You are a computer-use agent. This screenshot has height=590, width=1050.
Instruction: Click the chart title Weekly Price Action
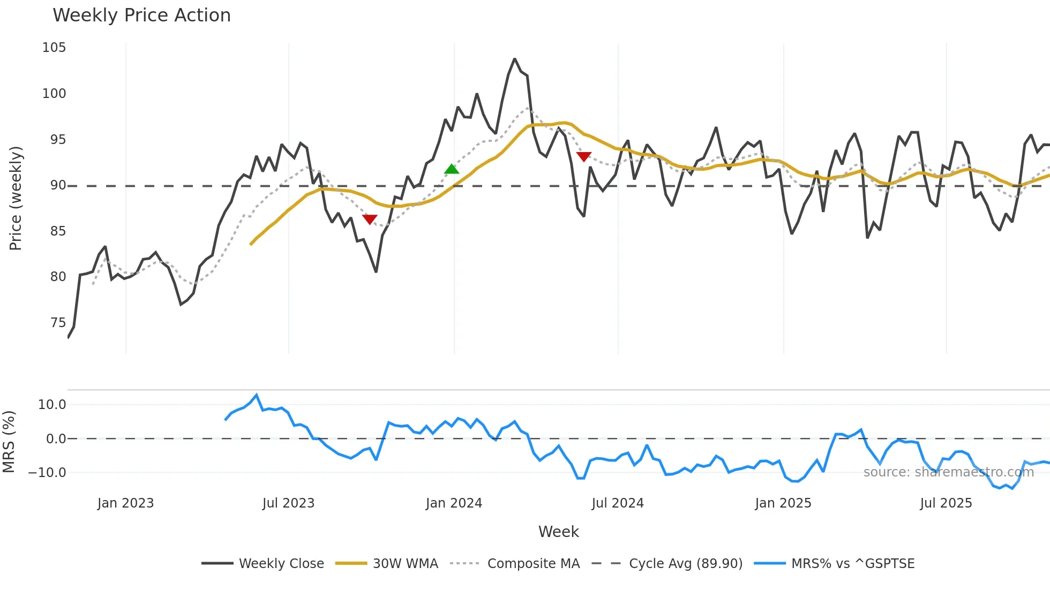[141, 16]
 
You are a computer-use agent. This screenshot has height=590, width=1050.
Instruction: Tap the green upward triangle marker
[452, 169]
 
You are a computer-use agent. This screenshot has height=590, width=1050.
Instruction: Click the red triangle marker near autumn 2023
[370, 219]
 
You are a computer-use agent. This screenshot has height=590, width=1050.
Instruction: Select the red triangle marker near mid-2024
[583, 156]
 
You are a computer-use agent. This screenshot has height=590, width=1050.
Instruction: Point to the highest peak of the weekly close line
[514, 59]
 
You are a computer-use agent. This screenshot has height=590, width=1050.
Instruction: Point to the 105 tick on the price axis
[54, 48]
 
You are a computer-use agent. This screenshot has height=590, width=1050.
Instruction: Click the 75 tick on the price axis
[58, 323]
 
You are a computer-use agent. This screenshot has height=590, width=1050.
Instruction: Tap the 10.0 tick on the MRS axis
[52, 405]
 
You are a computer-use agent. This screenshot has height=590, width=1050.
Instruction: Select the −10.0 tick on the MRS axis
[47, 473]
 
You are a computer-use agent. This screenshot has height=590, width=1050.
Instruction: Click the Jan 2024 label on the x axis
[454, 503]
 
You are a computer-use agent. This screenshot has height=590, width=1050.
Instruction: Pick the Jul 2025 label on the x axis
[946, 503]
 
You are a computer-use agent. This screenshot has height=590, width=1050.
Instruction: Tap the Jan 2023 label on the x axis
[125, 503]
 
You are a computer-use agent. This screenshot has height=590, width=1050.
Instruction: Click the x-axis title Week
[558, 532]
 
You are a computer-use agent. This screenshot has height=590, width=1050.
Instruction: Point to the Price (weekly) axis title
[16, 198]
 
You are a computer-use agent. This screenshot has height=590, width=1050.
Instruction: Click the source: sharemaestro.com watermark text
[948, 472]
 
